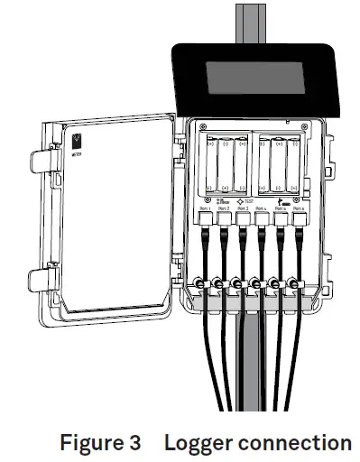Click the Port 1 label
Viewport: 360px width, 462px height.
click(x=204, y=208)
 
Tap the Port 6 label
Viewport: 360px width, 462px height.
click(x=299, y=208)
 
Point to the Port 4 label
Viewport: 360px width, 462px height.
click(x=261, y=208)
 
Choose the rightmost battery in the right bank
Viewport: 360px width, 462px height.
click(x=293, y=163)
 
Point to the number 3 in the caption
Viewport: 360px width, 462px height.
click(x=135, y=443)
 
